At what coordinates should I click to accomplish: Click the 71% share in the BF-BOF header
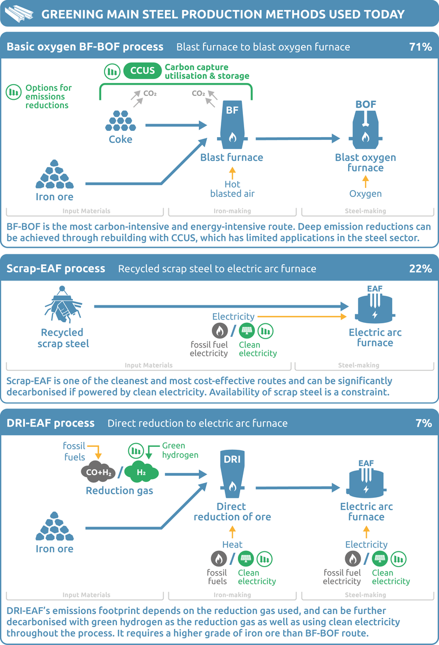click(420, 47)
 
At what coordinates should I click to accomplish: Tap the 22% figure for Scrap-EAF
click(420, 269)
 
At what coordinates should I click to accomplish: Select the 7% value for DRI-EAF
click(423, 423)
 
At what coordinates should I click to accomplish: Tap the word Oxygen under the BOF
click(365, 194)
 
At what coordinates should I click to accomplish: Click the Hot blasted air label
click(232, 189)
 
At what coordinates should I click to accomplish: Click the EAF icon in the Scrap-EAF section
click(375, 305)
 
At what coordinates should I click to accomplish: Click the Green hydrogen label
click(180, 450)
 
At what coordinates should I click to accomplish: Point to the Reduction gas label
click(119, 491)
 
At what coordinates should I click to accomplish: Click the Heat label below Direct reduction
click(232, 545)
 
